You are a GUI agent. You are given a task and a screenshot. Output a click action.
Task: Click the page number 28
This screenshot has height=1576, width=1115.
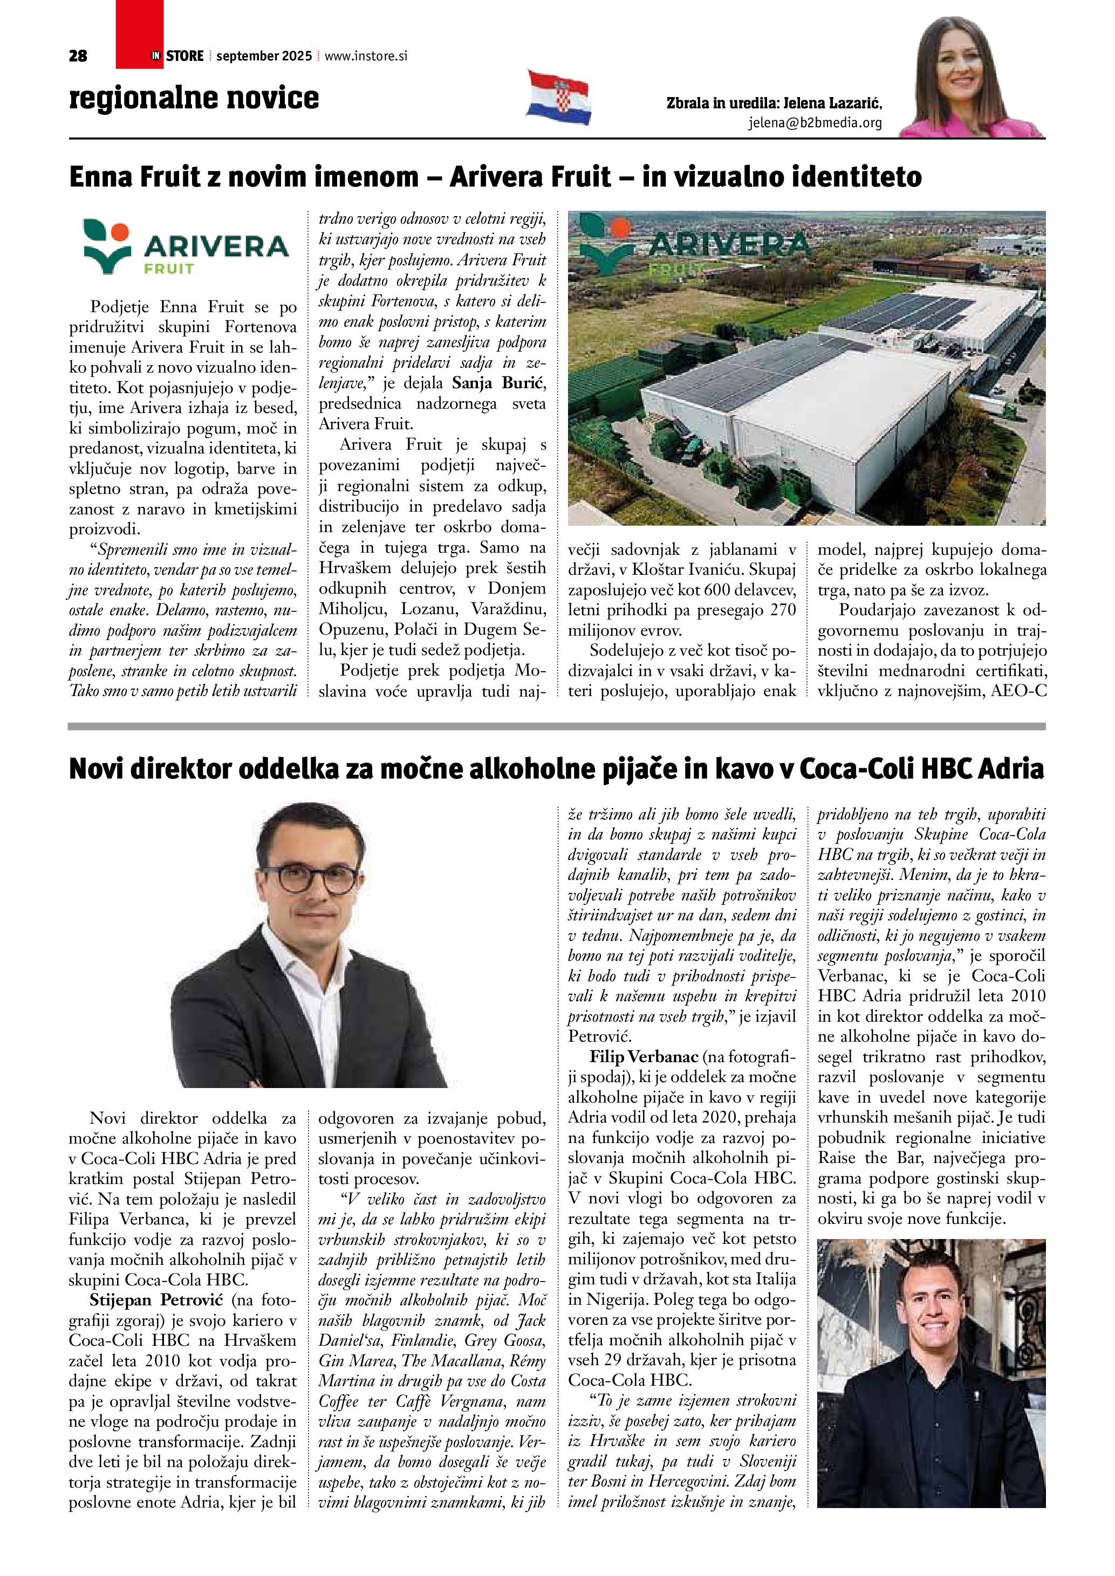(x=78, y=56)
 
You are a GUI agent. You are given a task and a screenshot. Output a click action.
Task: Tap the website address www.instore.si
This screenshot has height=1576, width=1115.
(x=365, y=56)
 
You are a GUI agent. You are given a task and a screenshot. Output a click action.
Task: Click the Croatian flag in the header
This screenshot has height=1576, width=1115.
(x=559, y=98)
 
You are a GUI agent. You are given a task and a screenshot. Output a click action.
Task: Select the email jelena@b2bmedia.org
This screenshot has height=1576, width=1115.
(x=815, y=123)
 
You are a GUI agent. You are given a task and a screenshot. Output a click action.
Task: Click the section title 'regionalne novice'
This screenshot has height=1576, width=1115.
(x=194, y=98)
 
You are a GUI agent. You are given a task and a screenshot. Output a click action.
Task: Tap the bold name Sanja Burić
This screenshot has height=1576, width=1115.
(x=498, y=383)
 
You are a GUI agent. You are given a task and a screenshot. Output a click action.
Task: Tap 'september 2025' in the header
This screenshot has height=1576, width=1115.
(x=264, y=56)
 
